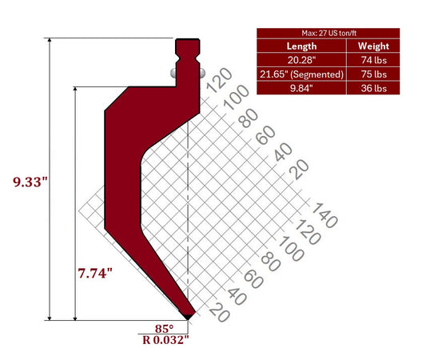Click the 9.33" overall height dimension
click(x=31, y=183)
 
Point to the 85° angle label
click(x=165, y=327)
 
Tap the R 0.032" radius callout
click(x=164, y=340)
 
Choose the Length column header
click(x=301, y=46)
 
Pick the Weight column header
click(x=373, y=46)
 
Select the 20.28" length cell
click(x=301, y=60)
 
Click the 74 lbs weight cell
click(x=373, y=60)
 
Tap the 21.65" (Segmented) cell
click(x=301, y=74)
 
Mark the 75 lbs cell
click(x=373, y=74)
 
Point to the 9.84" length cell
click(x=301, y=87)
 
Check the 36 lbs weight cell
click(x=373, y=87)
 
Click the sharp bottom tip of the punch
click(x=189, y=317)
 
